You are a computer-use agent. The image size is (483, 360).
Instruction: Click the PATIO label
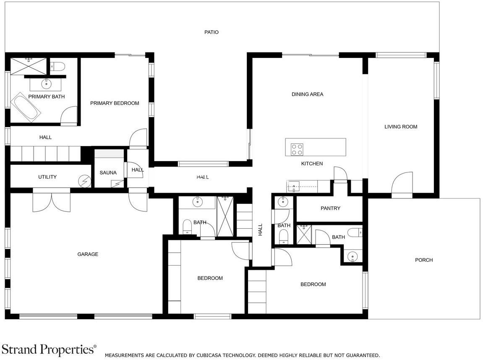tap(211, 32)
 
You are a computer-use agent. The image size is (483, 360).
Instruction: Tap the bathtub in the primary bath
tap(26, 107)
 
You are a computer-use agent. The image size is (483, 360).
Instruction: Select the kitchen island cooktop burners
tap(297, 150)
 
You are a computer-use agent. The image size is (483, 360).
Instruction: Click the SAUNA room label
tap(108, 173)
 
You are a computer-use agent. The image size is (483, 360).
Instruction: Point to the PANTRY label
tap(330, 208)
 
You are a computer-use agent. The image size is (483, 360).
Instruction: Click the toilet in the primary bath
tap(57, 66)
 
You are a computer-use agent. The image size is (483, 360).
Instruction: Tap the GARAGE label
tap(88, 254)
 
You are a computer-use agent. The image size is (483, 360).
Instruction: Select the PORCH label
tap(424, 260)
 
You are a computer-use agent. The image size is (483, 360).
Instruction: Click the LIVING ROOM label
tap(401, 127)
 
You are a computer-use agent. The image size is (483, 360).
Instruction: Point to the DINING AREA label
tap(308, 94)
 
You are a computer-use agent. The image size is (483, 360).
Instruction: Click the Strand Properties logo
tap(49, 350)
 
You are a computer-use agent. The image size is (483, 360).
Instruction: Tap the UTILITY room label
tap(47, 177)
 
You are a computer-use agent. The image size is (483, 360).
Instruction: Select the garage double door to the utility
tap(52, 201)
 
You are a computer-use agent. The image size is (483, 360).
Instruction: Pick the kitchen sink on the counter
tap(294, 187)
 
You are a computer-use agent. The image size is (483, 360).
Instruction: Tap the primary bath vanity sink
tap(47, 83)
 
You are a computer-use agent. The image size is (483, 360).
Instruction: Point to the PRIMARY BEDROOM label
tap(115, 103)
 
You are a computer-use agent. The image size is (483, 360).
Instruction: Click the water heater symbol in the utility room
tap(85, 181)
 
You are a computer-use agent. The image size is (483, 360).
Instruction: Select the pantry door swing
tap(340, 175)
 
